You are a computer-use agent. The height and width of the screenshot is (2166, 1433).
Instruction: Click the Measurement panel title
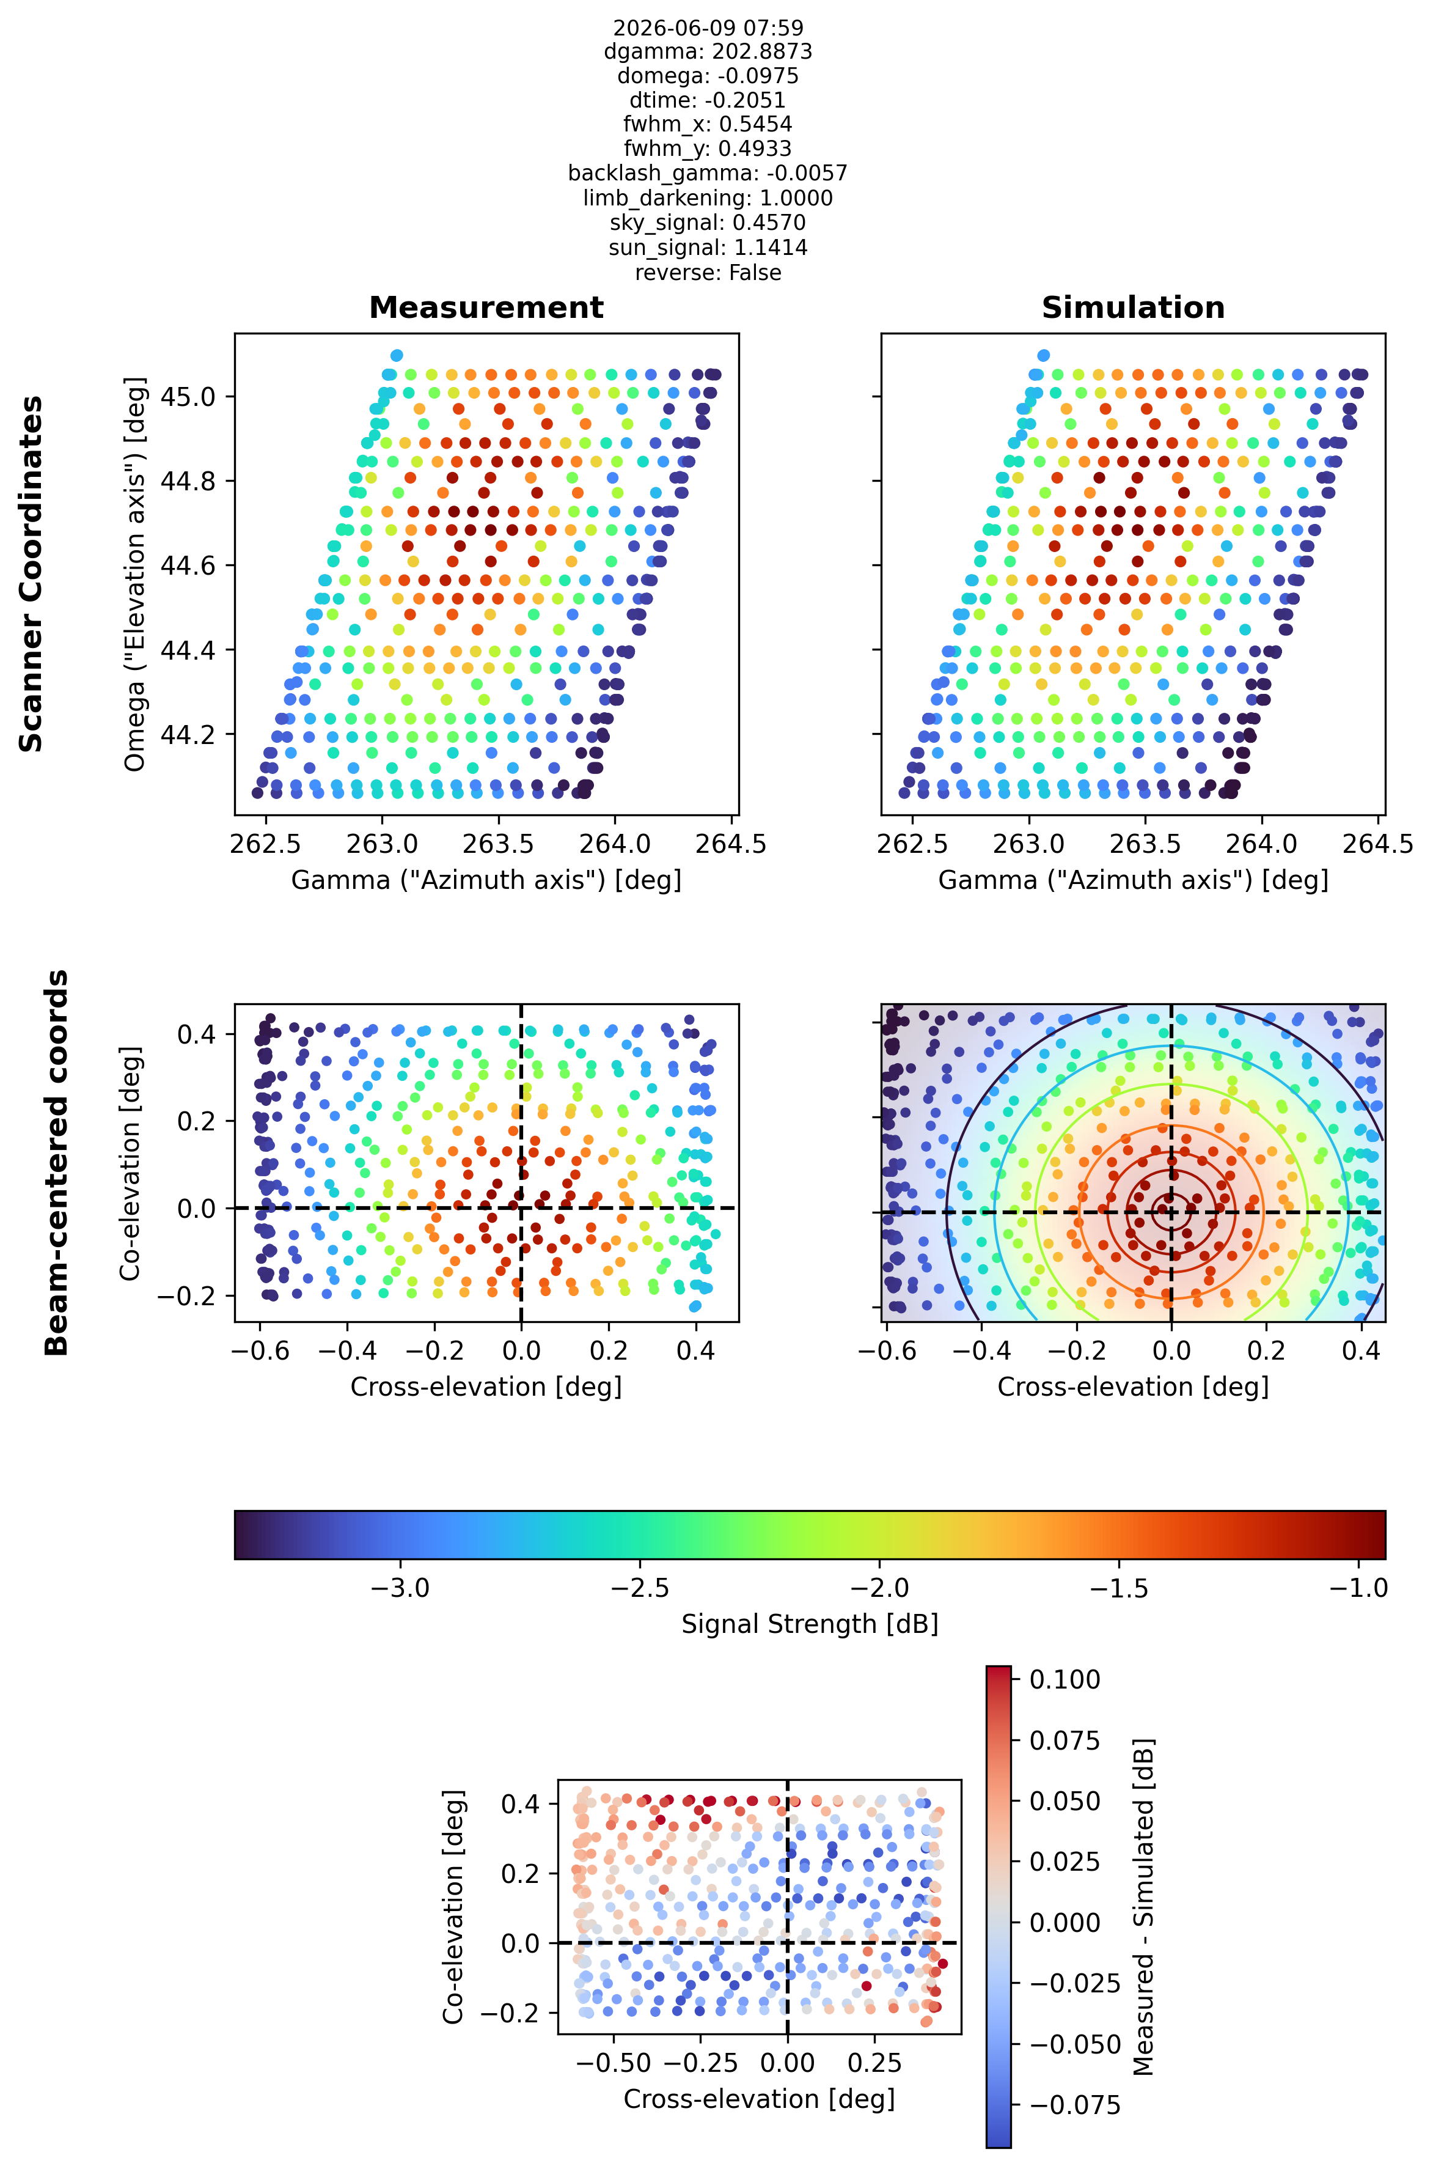(486, 308)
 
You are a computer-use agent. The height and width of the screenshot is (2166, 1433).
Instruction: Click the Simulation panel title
(1133, 308)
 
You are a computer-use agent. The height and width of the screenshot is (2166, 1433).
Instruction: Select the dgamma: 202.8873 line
(708, 52)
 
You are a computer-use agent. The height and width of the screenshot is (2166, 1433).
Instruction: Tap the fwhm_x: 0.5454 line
(708, 124)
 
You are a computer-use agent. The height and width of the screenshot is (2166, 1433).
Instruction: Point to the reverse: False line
(708, 273)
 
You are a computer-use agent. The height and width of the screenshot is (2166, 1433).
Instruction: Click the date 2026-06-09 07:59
(708, 28)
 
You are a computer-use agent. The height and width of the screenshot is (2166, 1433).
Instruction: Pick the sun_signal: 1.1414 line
(708, 248)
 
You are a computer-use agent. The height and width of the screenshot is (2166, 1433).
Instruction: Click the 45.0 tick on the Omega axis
(188, 397)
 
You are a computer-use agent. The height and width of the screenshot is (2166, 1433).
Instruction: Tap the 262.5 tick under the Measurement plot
(266, 843)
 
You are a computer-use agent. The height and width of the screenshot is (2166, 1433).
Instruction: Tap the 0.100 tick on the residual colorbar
(1065, 1679)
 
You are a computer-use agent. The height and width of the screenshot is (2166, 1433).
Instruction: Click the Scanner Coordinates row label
(31, 573)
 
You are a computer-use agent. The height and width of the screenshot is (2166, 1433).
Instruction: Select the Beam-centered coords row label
(57, 1162)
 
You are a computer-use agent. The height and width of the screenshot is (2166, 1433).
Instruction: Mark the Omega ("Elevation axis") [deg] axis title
(134, 573)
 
